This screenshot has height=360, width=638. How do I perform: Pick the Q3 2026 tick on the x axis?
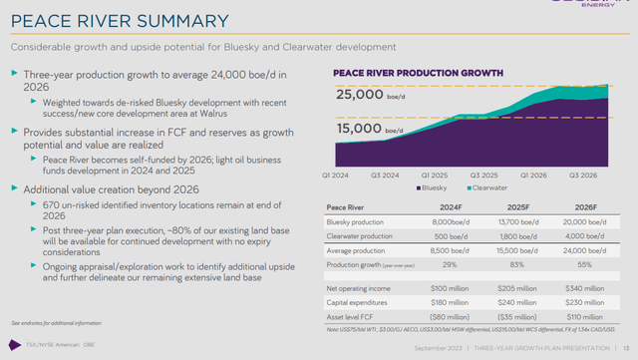[583, 175]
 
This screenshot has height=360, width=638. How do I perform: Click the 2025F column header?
[509, 206]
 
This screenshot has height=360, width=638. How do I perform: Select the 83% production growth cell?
[509, 266]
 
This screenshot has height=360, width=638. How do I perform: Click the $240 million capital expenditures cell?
[509, 301]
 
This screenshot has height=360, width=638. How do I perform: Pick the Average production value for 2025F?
[509, 252]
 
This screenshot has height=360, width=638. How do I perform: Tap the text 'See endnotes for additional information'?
[56, 324]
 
